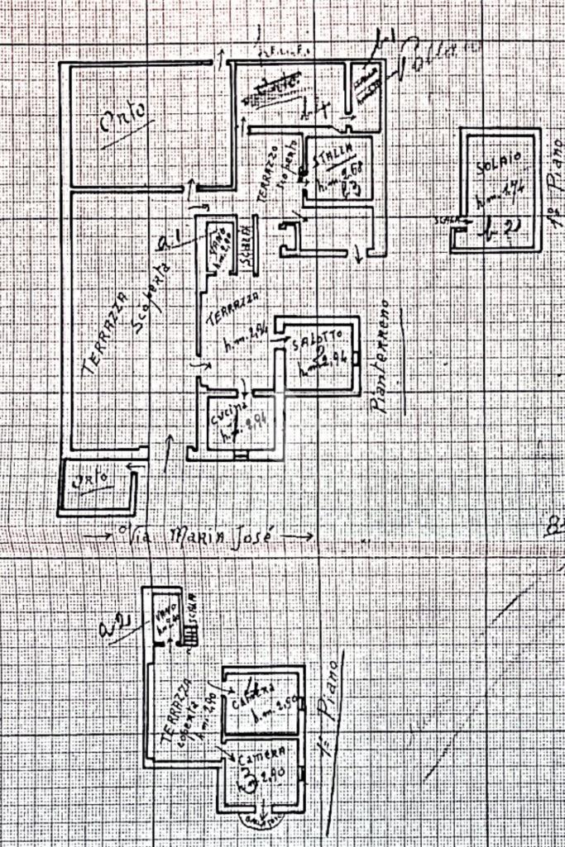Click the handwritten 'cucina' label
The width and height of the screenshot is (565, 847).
(x=228, y=412)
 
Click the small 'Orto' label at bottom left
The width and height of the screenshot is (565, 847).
(x=90, y=479)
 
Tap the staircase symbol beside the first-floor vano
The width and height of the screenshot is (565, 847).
(x=191, y=635)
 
